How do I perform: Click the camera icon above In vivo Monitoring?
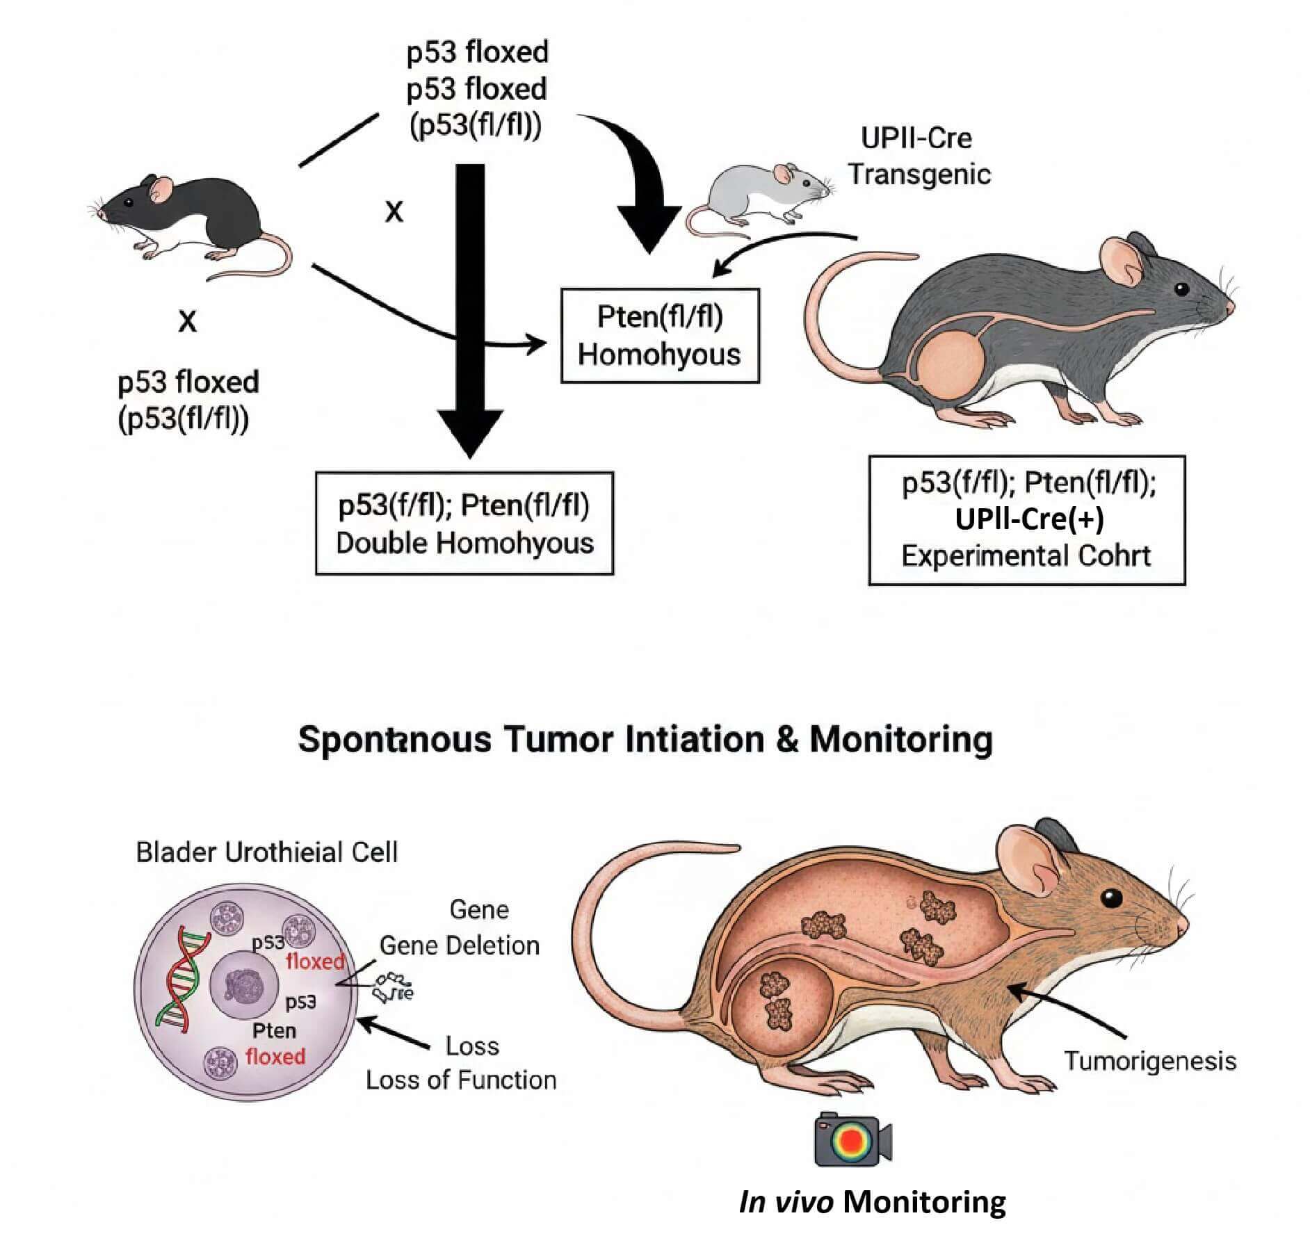(x=852, y=1140)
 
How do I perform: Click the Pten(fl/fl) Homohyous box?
(x=660, y=336)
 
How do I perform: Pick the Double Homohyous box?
(x=464, y=523)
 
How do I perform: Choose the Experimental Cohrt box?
(x=1026, y=520)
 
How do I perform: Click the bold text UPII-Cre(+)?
(x=1029, y=519)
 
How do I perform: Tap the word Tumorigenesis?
(x=1150, y=1061)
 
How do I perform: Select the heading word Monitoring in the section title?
(x=901, y=738)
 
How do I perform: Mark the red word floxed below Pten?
(x=275, y=1057)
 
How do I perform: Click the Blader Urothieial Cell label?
(x=266, y=852)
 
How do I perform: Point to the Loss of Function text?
(x=461, y=1080)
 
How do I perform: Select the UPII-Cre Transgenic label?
(x=918, y=156)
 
